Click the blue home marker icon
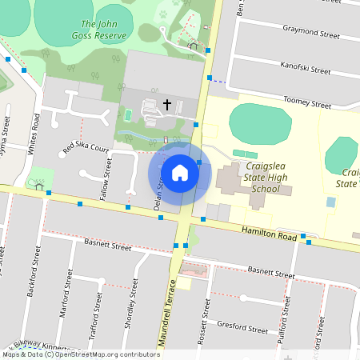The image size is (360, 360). (x=180, y=173)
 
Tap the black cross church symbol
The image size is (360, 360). (x=168, y=104)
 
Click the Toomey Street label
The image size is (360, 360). (x=308, y=104)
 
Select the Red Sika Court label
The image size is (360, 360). (x=86, y=148)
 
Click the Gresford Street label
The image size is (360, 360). (x=242, y=328)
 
